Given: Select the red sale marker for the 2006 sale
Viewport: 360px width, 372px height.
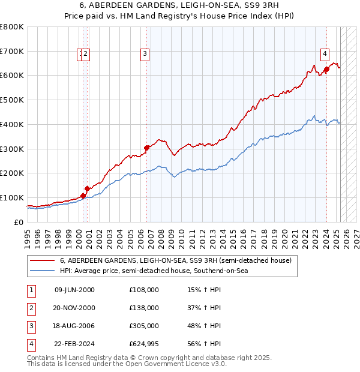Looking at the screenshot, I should coord(147,147).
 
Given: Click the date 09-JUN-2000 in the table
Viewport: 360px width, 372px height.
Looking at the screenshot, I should coord(74,290).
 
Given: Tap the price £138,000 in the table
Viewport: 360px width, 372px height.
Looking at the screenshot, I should coord(144,308).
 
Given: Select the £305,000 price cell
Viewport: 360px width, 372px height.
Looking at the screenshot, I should coord(144,326).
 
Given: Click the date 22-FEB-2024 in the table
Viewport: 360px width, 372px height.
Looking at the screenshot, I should coord(74,344).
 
